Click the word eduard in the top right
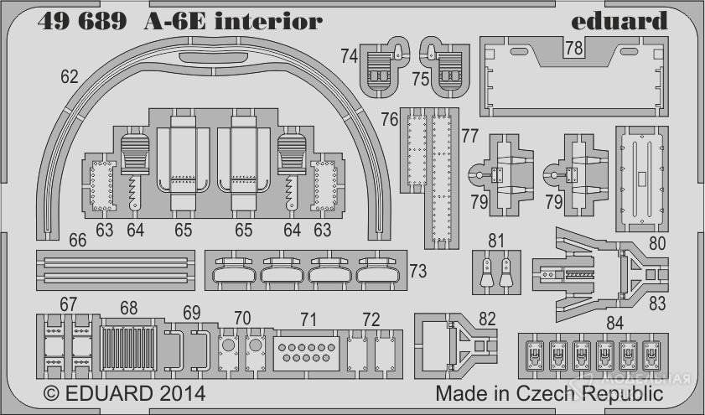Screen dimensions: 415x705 [621, 20]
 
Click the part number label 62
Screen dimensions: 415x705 [69, 78]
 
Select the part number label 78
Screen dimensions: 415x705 [573, 49]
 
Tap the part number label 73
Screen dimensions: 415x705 [418, 272]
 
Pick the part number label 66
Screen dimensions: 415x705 [77, 241]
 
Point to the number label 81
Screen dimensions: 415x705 [496, 241]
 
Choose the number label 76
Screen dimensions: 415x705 [389, 120]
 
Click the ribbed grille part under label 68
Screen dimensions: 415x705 [130, 347]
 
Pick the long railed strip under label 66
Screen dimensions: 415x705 [115, 267]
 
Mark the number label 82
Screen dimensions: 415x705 [487, 318]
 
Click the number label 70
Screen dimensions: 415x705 [242, 318]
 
